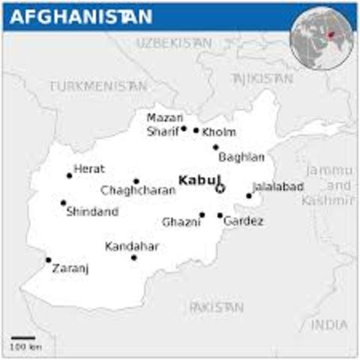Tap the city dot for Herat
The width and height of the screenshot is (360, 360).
pos(69,175)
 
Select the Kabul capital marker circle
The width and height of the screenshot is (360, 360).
pos(220,188)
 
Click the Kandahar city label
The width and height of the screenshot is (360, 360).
pos(131,246)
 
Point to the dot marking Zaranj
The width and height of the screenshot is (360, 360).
pos(49,260)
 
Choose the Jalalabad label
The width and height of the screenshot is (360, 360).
pos(277,186)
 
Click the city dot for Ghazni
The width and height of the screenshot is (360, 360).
pos(202,215)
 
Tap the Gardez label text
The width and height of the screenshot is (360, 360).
pos(244,221)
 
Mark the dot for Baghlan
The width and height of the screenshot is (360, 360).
pos(215,147)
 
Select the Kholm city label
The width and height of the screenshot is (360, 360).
pos(220,132)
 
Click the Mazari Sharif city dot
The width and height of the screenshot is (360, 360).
pos(183,128)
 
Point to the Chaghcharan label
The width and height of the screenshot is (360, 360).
pos(138,190)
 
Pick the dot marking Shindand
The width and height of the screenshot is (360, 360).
pos(63,202)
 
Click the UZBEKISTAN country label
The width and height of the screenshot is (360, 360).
pos(173,44)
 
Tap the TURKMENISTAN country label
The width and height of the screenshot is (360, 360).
pos(98,86)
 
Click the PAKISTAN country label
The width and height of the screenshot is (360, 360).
pos(216,307)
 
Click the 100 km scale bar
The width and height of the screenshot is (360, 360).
pos(22,339)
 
